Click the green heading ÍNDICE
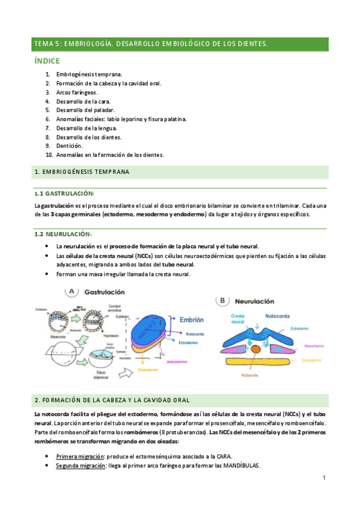click(x=47, y=61)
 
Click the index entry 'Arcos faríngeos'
click(x=77, y=93)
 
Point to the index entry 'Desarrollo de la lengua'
click(x=87, y=127)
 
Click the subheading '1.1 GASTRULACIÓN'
click(x=64, y=193)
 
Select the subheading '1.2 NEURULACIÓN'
click(x=63, y=233)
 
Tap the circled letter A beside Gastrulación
click(x=72, y=291)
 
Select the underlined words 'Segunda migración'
click(x=81, y=465)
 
